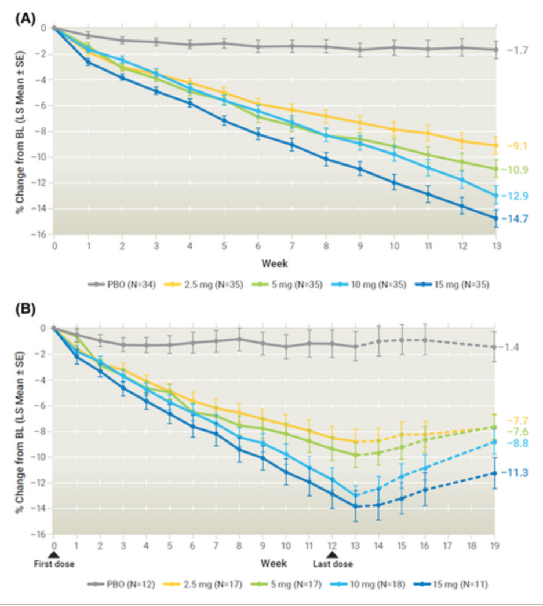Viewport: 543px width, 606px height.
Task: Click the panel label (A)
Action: pyautogui.click(x=24, y=18)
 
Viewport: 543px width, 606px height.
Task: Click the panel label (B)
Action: pyautogui.click(x=24, y=308)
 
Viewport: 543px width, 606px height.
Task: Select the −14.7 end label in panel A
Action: pyautogui.click(x=516, y=219)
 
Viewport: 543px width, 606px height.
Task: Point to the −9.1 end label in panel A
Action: pyautogui.click(x=516, y=146)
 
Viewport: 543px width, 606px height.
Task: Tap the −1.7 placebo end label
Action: pyautogui.click(x=516, y=50)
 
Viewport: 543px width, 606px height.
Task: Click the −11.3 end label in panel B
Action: pyautogui.click(x=516, y=473)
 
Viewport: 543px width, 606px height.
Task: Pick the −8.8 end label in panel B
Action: pyautogui.click(x=516, y=444)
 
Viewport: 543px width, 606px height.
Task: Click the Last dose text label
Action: pyautogui.click(x=332, y=563)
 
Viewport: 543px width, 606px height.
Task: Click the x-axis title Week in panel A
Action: pyautogui.click(x=274, y=263)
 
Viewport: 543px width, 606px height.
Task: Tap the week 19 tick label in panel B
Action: pyautogui.click(x=494, y=546)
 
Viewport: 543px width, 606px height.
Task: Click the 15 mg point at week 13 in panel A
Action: pyautogui.click(x=495, y=218)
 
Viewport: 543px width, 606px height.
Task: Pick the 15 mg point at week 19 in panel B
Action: pyautogui.click(x=494, y=473)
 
